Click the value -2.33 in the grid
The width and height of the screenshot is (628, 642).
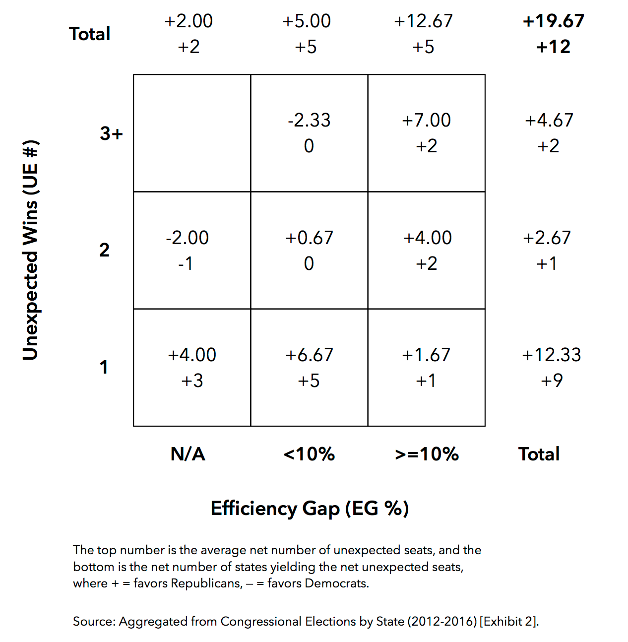click(x=309, y=120)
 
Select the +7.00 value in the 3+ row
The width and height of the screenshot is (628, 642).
click(x=426, y=120)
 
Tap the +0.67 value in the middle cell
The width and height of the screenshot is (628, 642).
click(x=309, y=238)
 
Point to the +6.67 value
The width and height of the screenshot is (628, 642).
click(x=309, y=355)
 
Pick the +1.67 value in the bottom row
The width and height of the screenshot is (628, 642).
click(x=426, y=355)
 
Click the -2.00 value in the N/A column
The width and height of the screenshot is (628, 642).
click(x=187, y=238)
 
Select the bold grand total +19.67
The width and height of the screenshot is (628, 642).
click(x=554, y=21)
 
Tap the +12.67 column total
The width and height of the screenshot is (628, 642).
click(x=423, y=21)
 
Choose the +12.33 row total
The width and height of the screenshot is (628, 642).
click(x=551, y=355)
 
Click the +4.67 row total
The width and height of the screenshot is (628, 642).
click(x=549, y=120)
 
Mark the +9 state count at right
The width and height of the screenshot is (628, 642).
click(x=552, y=381)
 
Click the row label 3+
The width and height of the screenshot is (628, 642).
click(x=111, y=133)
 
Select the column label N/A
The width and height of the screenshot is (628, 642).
click(x=188, y=454)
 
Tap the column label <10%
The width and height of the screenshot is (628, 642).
click(x=309, y=454)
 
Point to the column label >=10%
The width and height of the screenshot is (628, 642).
click(x=427, y=454)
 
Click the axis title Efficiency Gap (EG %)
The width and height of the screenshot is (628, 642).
click(x=310, y=508)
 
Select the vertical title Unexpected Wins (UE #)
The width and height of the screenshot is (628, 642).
click(x=31, y=250)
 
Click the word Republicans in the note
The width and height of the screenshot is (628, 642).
click(x=206, y=583)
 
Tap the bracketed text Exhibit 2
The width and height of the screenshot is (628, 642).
click(x=508, y=621)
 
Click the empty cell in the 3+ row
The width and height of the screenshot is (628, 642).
click(x=192, y=133)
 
